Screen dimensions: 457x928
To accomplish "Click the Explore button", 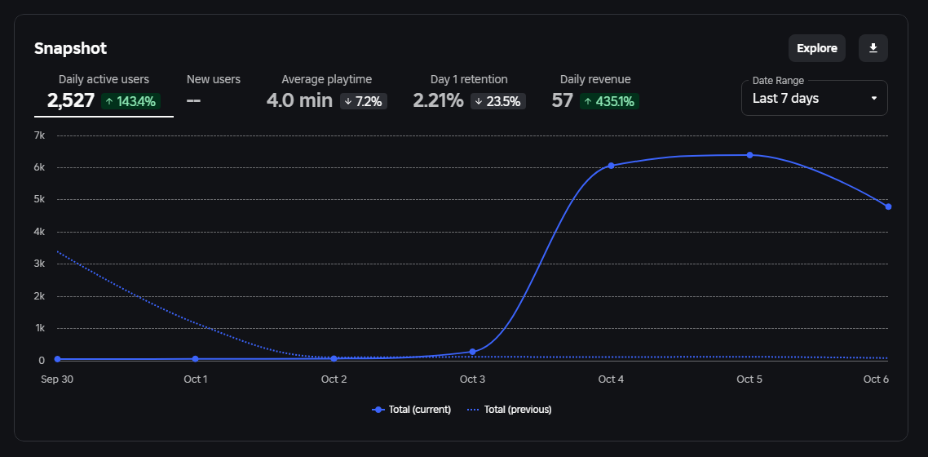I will [x=816, y=48].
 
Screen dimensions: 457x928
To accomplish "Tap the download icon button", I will [x=873, y=48].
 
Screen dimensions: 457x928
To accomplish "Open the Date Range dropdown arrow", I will [x=874, y=99].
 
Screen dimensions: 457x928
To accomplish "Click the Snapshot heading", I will [x=70, y=48].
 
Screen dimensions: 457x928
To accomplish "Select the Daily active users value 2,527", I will [x=71, y=100].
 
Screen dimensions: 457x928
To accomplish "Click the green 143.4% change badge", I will [x=130, y=101].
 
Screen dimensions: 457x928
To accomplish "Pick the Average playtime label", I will [x=326, y=79].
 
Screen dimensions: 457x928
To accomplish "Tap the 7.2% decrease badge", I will [x=363, y=101].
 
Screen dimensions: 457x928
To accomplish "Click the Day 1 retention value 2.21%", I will [x=438, y=100].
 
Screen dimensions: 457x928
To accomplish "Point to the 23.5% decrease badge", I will [x=498, y=101].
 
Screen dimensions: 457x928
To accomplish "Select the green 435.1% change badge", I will [x=609, y=101].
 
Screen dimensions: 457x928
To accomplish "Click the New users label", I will [x=214, y=79].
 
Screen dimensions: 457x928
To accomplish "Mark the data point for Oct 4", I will [x=611, y=166].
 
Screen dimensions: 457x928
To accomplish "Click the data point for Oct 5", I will [x=749, y=155].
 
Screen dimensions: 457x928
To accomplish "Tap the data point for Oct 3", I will [x=472, y=352].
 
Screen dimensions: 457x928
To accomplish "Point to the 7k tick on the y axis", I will [x=38, y=135].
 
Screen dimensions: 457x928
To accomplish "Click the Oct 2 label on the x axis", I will [x=334, y=379].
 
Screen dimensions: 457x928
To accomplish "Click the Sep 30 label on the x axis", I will [x=57, y=379].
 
